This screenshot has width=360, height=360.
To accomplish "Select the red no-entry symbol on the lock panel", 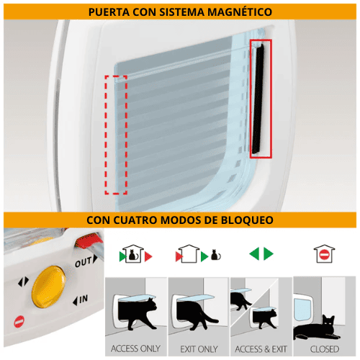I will (x=19, y=320).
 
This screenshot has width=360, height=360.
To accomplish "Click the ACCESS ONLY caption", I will (x=135, y=348).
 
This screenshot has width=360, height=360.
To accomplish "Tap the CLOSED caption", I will (x=324, y=348).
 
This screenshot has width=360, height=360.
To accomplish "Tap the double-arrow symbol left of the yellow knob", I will (x=24, y=282).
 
